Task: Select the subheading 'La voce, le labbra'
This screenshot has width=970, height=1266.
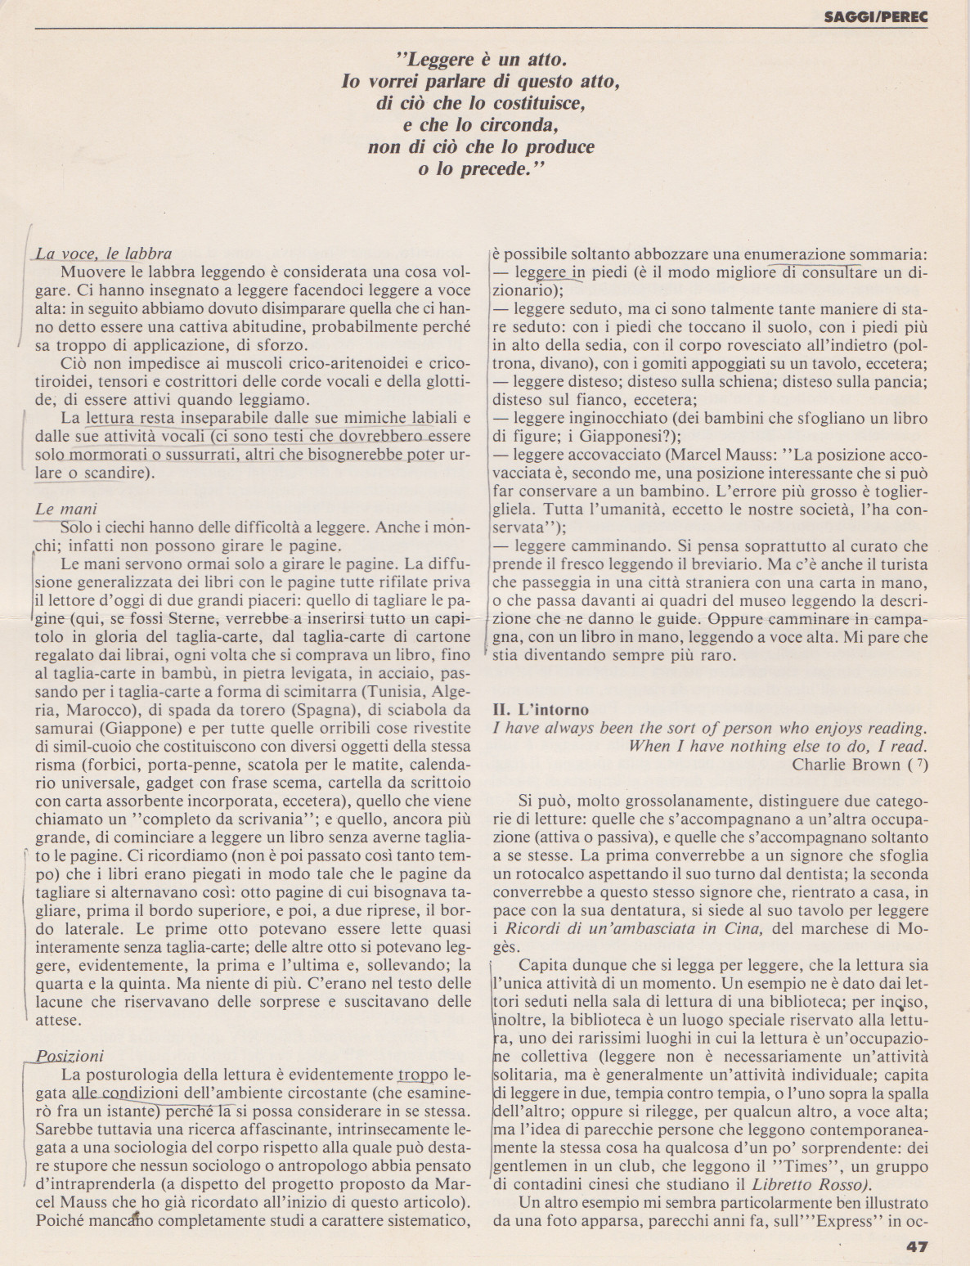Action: pyautogui.click(x=104, y=254)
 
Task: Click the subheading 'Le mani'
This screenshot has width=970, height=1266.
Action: pyautogui.click(x=66, y=509)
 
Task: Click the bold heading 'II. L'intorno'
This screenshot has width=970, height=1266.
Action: pyautogui.click(x=541, y=709)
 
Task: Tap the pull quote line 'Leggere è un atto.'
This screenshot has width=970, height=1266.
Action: pyautogui.click(x=480, y=59)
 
